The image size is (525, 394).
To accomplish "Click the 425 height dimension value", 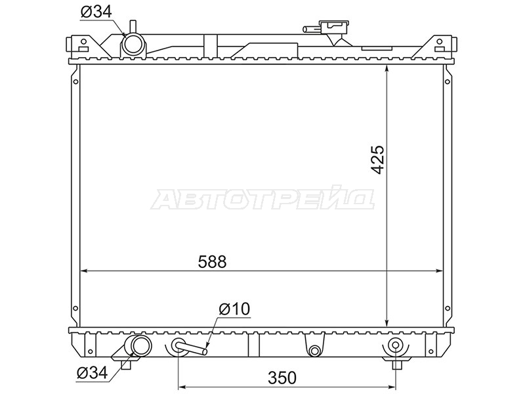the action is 379,160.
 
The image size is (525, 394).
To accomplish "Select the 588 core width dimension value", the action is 212,261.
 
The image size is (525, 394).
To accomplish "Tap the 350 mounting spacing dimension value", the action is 282,378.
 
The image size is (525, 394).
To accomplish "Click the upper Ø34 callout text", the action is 96,12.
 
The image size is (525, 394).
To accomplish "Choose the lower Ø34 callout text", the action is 93,372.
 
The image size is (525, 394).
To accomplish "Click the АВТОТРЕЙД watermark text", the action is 263,200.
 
